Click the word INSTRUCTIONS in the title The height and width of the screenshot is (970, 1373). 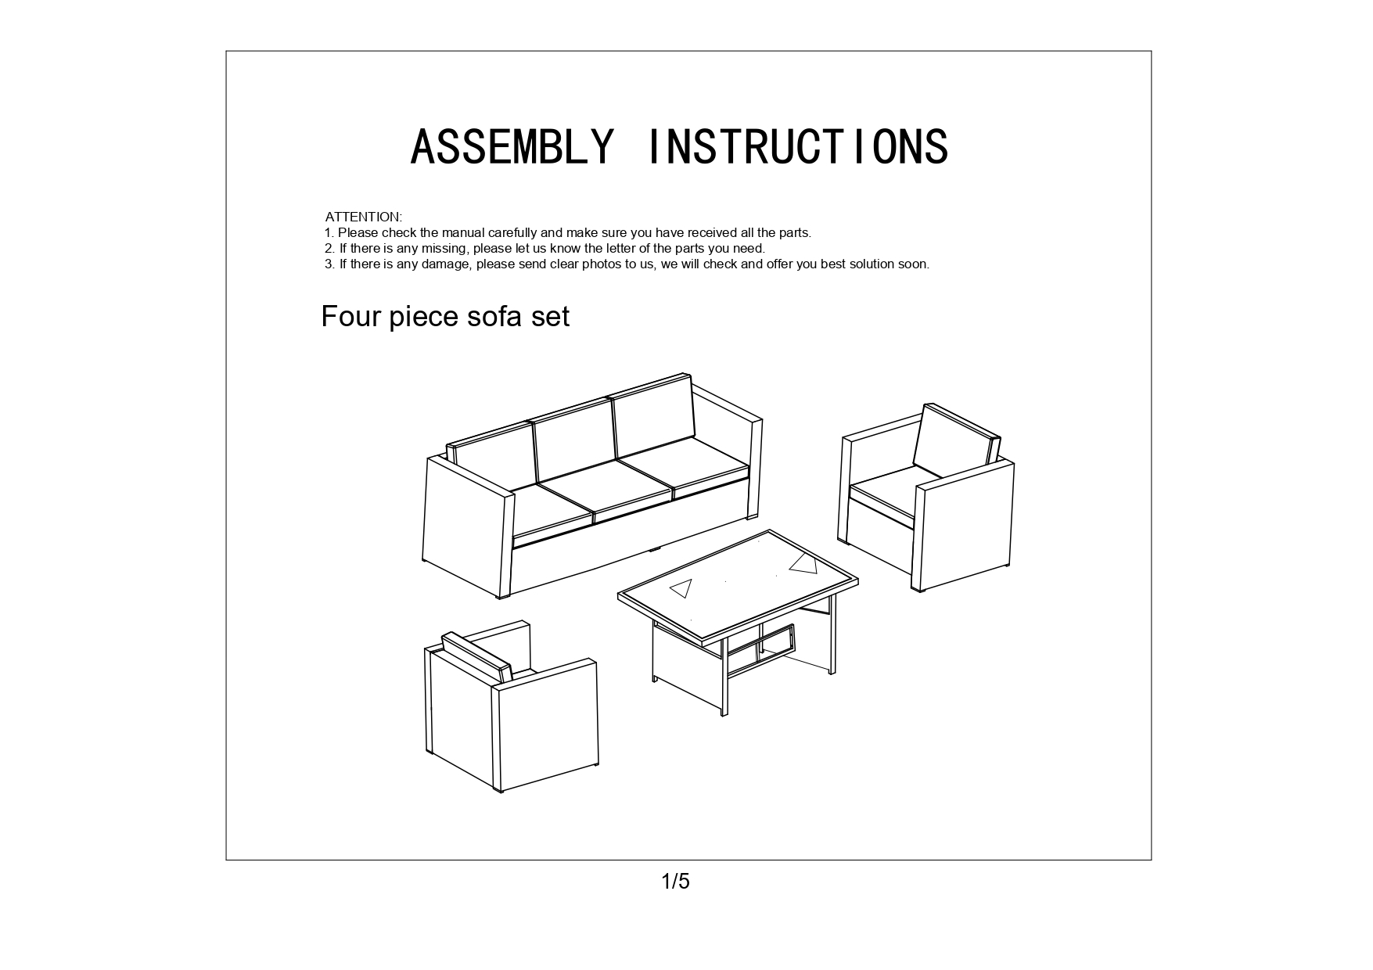(x=799, y=146)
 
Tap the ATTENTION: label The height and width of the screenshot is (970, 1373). (x=364, y=217)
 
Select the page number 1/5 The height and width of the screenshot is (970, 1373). (x=676, y=882)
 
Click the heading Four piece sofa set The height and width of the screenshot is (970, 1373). (x=445, y=317)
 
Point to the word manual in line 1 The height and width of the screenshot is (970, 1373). (x=462, y=232)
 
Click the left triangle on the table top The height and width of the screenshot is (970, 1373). (x=682, y=587)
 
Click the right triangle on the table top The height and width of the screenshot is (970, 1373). (x=803, y=563)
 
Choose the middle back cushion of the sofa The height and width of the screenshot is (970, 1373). (x=573, y=440)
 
